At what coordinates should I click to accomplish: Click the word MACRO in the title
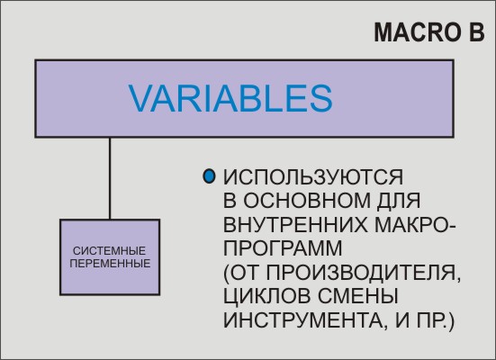[418, 32]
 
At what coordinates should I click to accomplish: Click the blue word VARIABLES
[230, 98]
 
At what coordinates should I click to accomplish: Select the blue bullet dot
[209, 176]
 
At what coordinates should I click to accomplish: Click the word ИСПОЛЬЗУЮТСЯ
[313, 176]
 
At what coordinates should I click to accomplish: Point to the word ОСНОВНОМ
[307, 201]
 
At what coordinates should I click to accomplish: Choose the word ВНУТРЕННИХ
[296, 225]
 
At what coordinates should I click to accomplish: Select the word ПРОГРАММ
[284, 248]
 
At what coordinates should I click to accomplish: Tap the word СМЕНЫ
[357, 296]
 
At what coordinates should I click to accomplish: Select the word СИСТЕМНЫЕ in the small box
[110, 251]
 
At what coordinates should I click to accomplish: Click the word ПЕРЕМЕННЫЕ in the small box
[110, 264]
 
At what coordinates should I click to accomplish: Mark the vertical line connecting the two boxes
[110, 178]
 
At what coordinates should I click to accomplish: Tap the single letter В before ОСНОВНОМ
[230, 201]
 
